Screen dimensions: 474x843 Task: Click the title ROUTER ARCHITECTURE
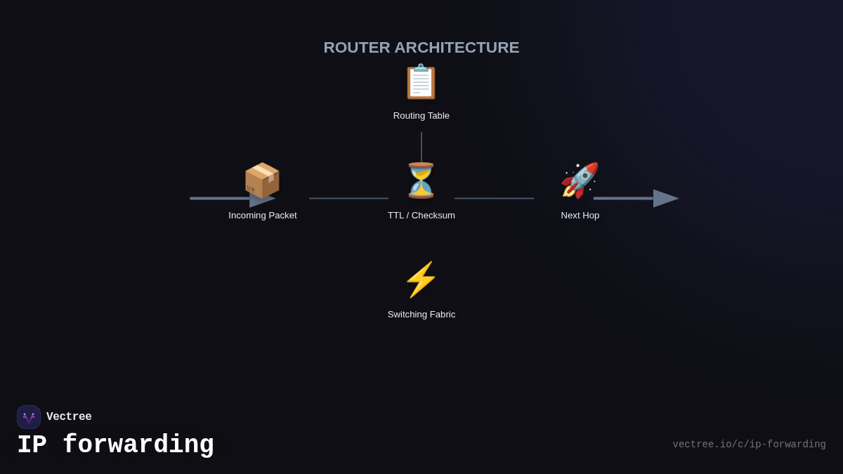point(421,48)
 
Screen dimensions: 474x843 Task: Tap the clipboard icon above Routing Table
point(421,82)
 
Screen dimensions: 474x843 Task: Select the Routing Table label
point(421,116)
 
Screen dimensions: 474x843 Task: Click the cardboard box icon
point(262,180)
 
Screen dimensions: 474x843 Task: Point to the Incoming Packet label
point(263,216)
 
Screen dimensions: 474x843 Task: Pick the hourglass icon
point(421,180)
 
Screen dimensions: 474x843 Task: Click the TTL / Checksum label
point(421,216)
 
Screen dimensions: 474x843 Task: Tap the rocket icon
point(580,180)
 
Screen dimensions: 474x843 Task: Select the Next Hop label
point(580,216)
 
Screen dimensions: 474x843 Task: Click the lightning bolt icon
point(421,279)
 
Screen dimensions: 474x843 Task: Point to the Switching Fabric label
point(421,315)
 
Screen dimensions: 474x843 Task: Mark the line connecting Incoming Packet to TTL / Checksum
point(348,199)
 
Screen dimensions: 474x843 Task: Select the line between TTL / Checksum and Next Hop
point(494,199)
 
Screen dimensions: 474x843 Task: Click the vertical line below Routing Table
point(421,147)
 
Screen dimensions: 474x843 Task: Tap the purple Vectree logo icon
point(29,417)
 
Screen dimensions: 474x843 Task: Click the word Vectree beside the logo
point(69,417)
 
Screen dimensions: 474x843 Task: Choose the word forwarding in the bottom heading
point(138,445)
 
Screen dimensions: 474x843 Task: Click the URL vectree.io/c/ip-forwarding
point(749,445)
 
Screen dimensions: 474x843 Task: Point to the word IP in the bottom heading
point(32,445)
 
